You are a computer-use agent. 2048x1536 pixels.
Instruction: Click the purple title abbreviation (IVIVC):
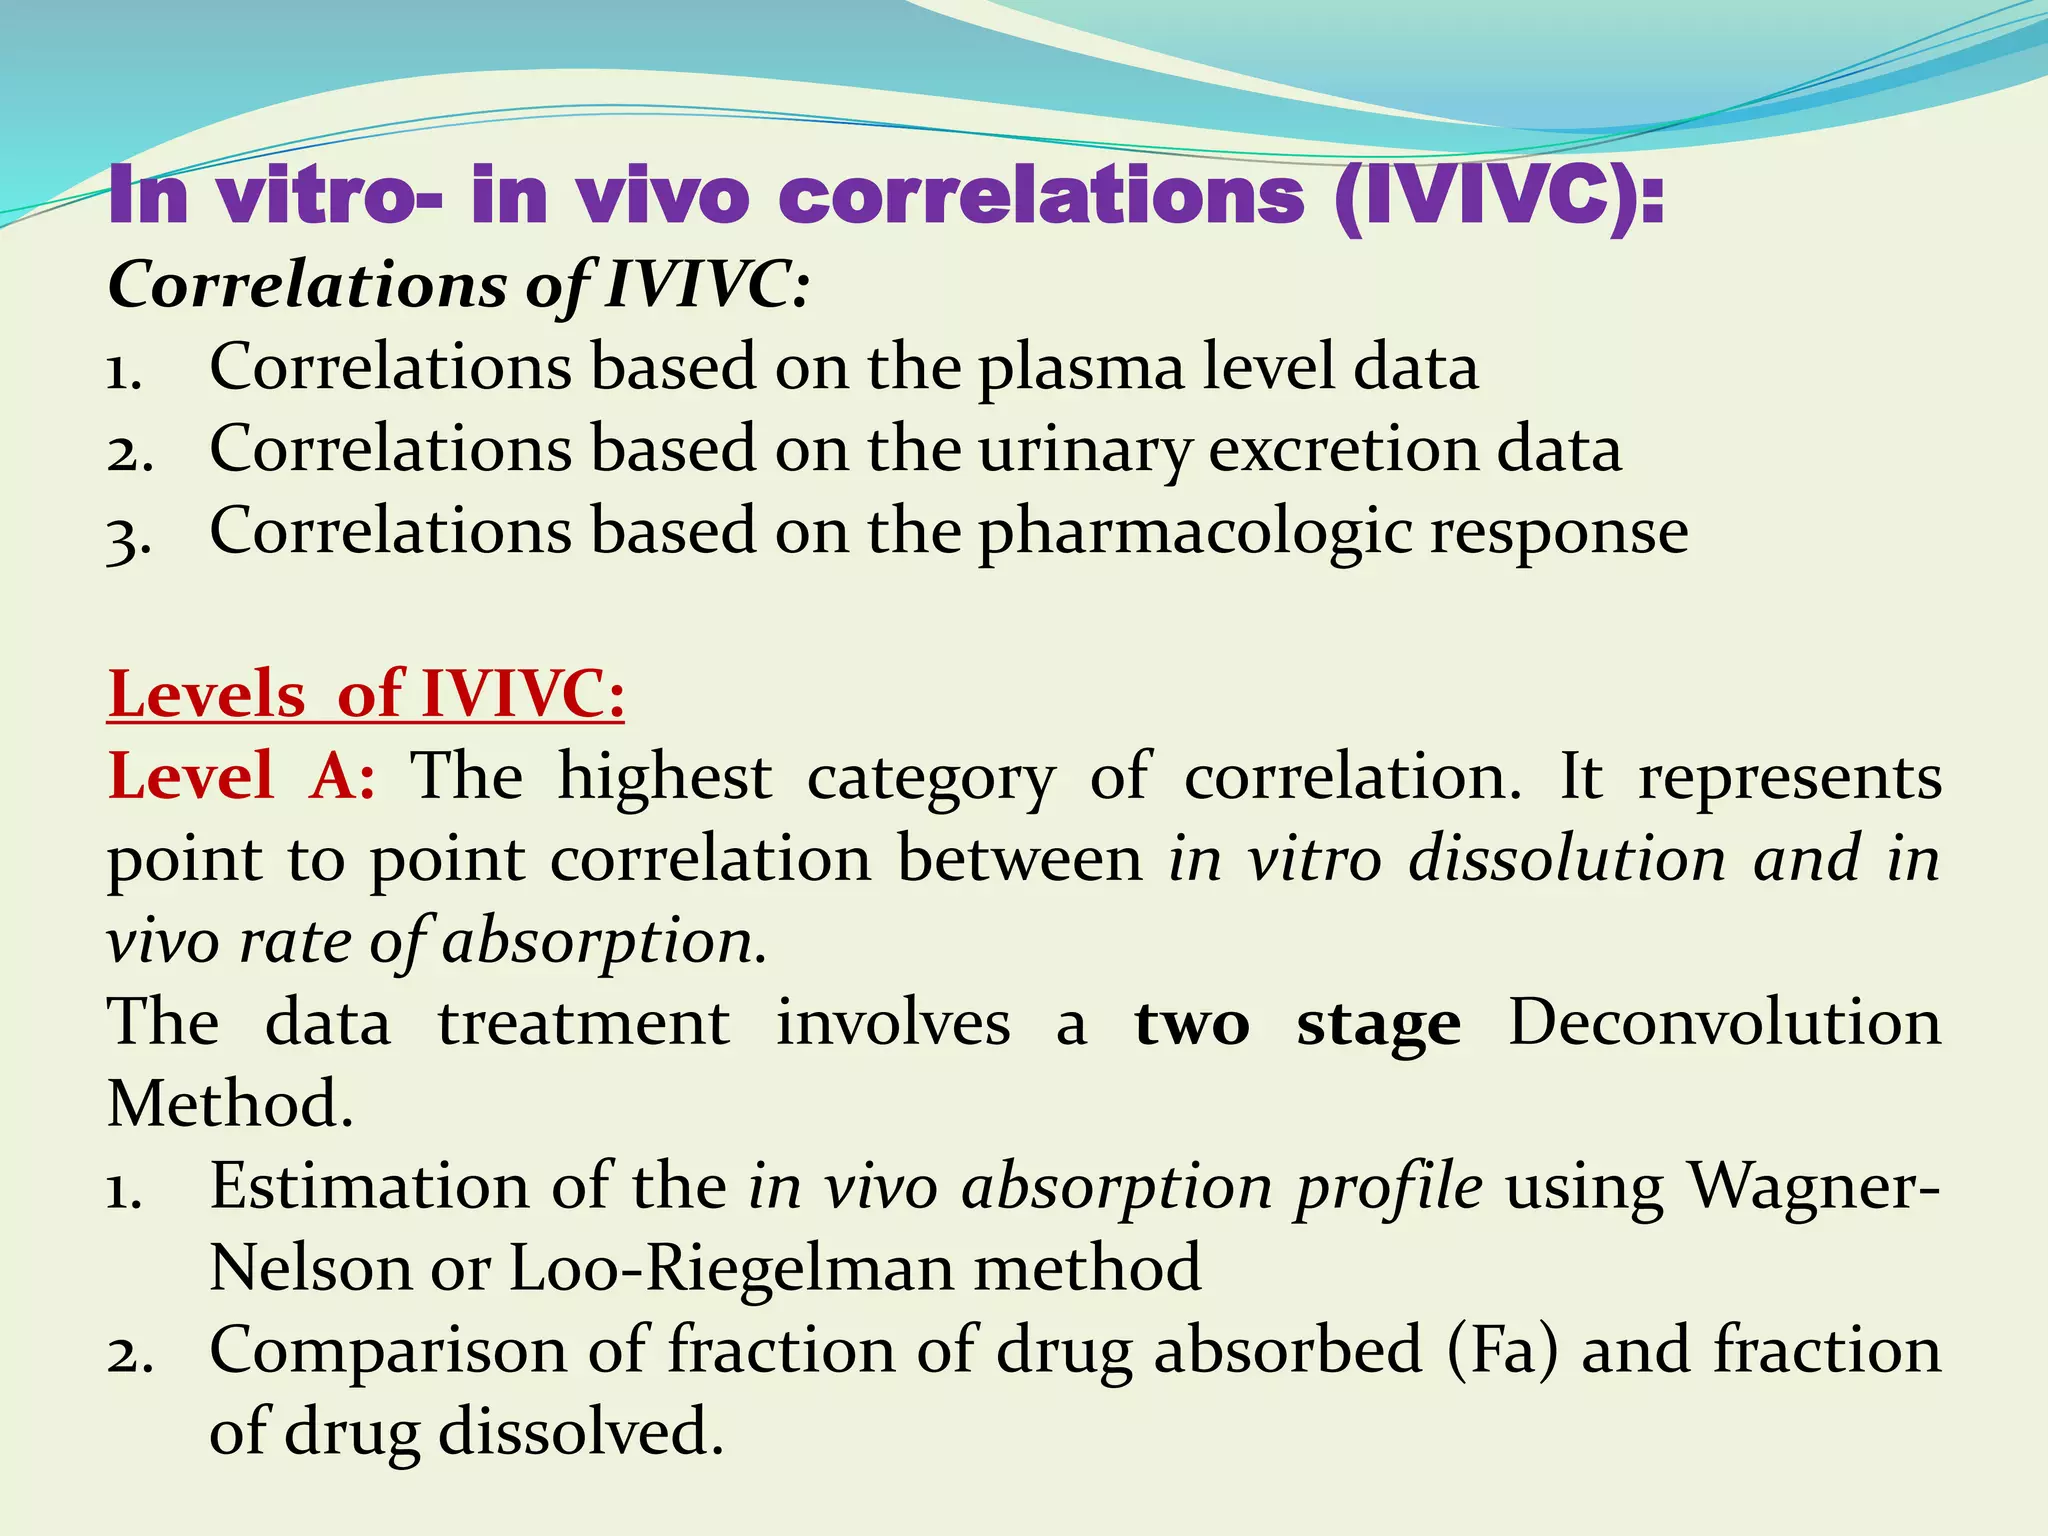(x=1499, y=196)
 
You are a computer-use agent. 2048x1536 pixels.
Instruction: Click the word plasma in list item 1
(x=1081, y=368)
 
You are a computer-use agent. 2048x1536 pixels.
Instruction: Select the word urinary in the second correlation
(x=1084, y=450)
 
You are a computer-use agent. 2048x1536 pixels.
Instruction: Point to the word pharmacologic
(x=1194, y=532)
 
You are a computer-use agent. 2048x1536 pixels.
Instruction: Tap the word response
(x=1559, y=532)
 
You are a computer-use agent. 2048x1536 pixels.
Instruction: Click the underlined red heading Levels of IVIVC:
(x=366, y=694)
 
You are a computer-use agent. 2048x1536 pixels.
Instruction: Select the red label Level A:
(x=241, y=776)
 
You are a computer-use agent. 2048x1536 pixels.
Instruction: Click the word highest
(x=664, y=776)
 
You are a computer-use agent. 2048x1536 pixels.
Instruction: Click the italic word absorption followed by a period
(x=604, y=942)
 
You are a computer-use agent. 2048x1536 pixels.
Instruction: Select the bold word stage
(x=1378, y=1024)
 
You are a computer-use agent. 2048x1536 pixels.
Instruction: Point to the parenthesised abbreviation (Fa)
(x=1502, y=1350)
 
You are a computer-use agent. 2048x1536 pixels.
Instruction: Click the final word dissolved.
(x=581, y=1432)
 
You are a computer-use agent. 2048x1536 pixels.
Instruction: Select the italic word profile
(x=1390, y=1188)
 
